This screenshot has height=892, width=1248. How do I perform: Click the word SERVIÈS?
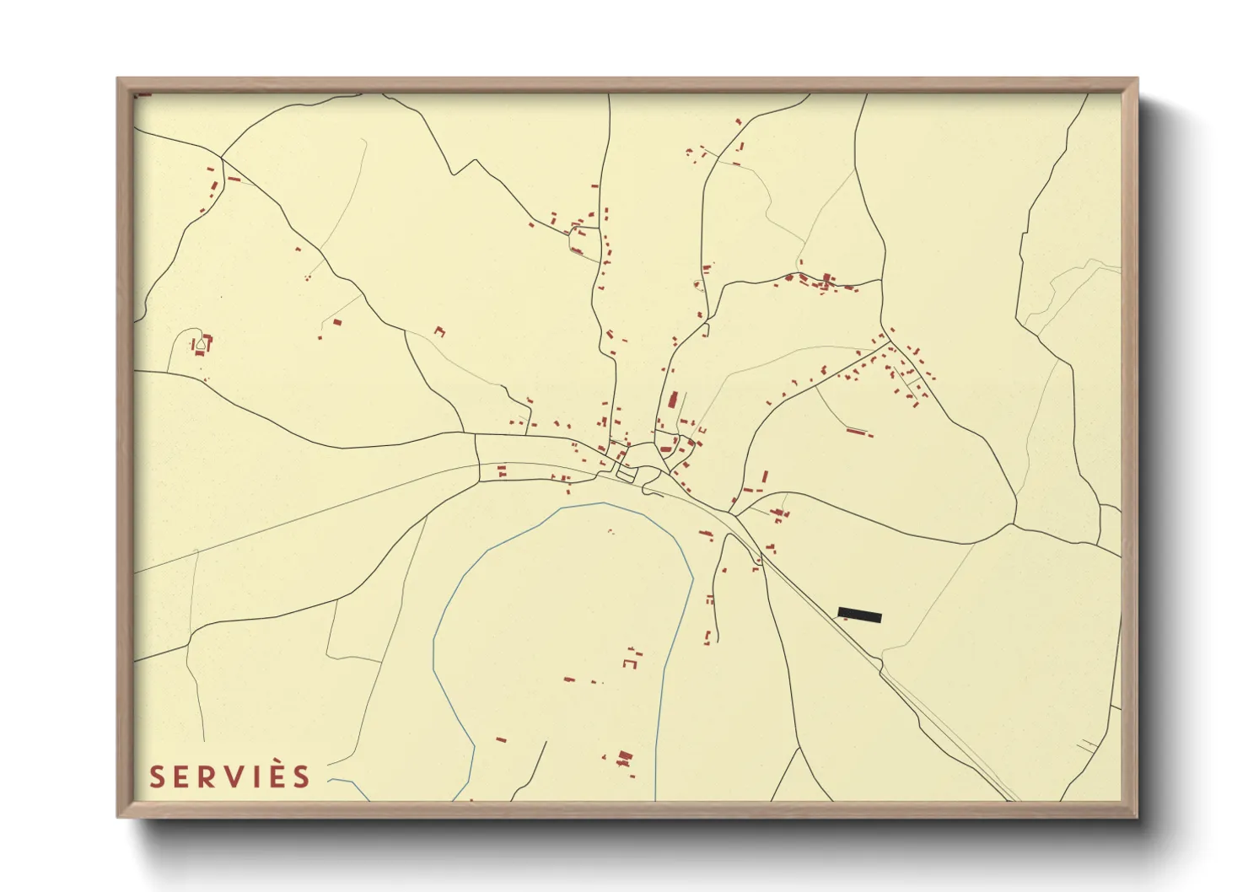230,776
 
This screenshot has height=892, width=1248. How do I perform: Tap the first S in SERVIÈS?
156,776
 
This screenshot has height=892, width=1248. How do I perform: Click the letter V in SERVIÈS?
231,776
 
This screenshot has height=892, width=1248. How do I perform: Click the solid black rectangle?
859,615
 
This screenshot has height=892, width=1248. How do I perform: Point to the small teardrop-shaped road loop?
201,343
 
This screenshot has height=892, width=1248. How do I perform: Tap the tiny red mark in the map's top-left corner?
143,94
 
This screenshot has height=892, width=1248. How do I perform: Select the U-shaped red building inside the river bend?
629,664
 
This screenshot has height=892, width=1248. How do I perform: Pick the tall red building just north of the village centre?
672,400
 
